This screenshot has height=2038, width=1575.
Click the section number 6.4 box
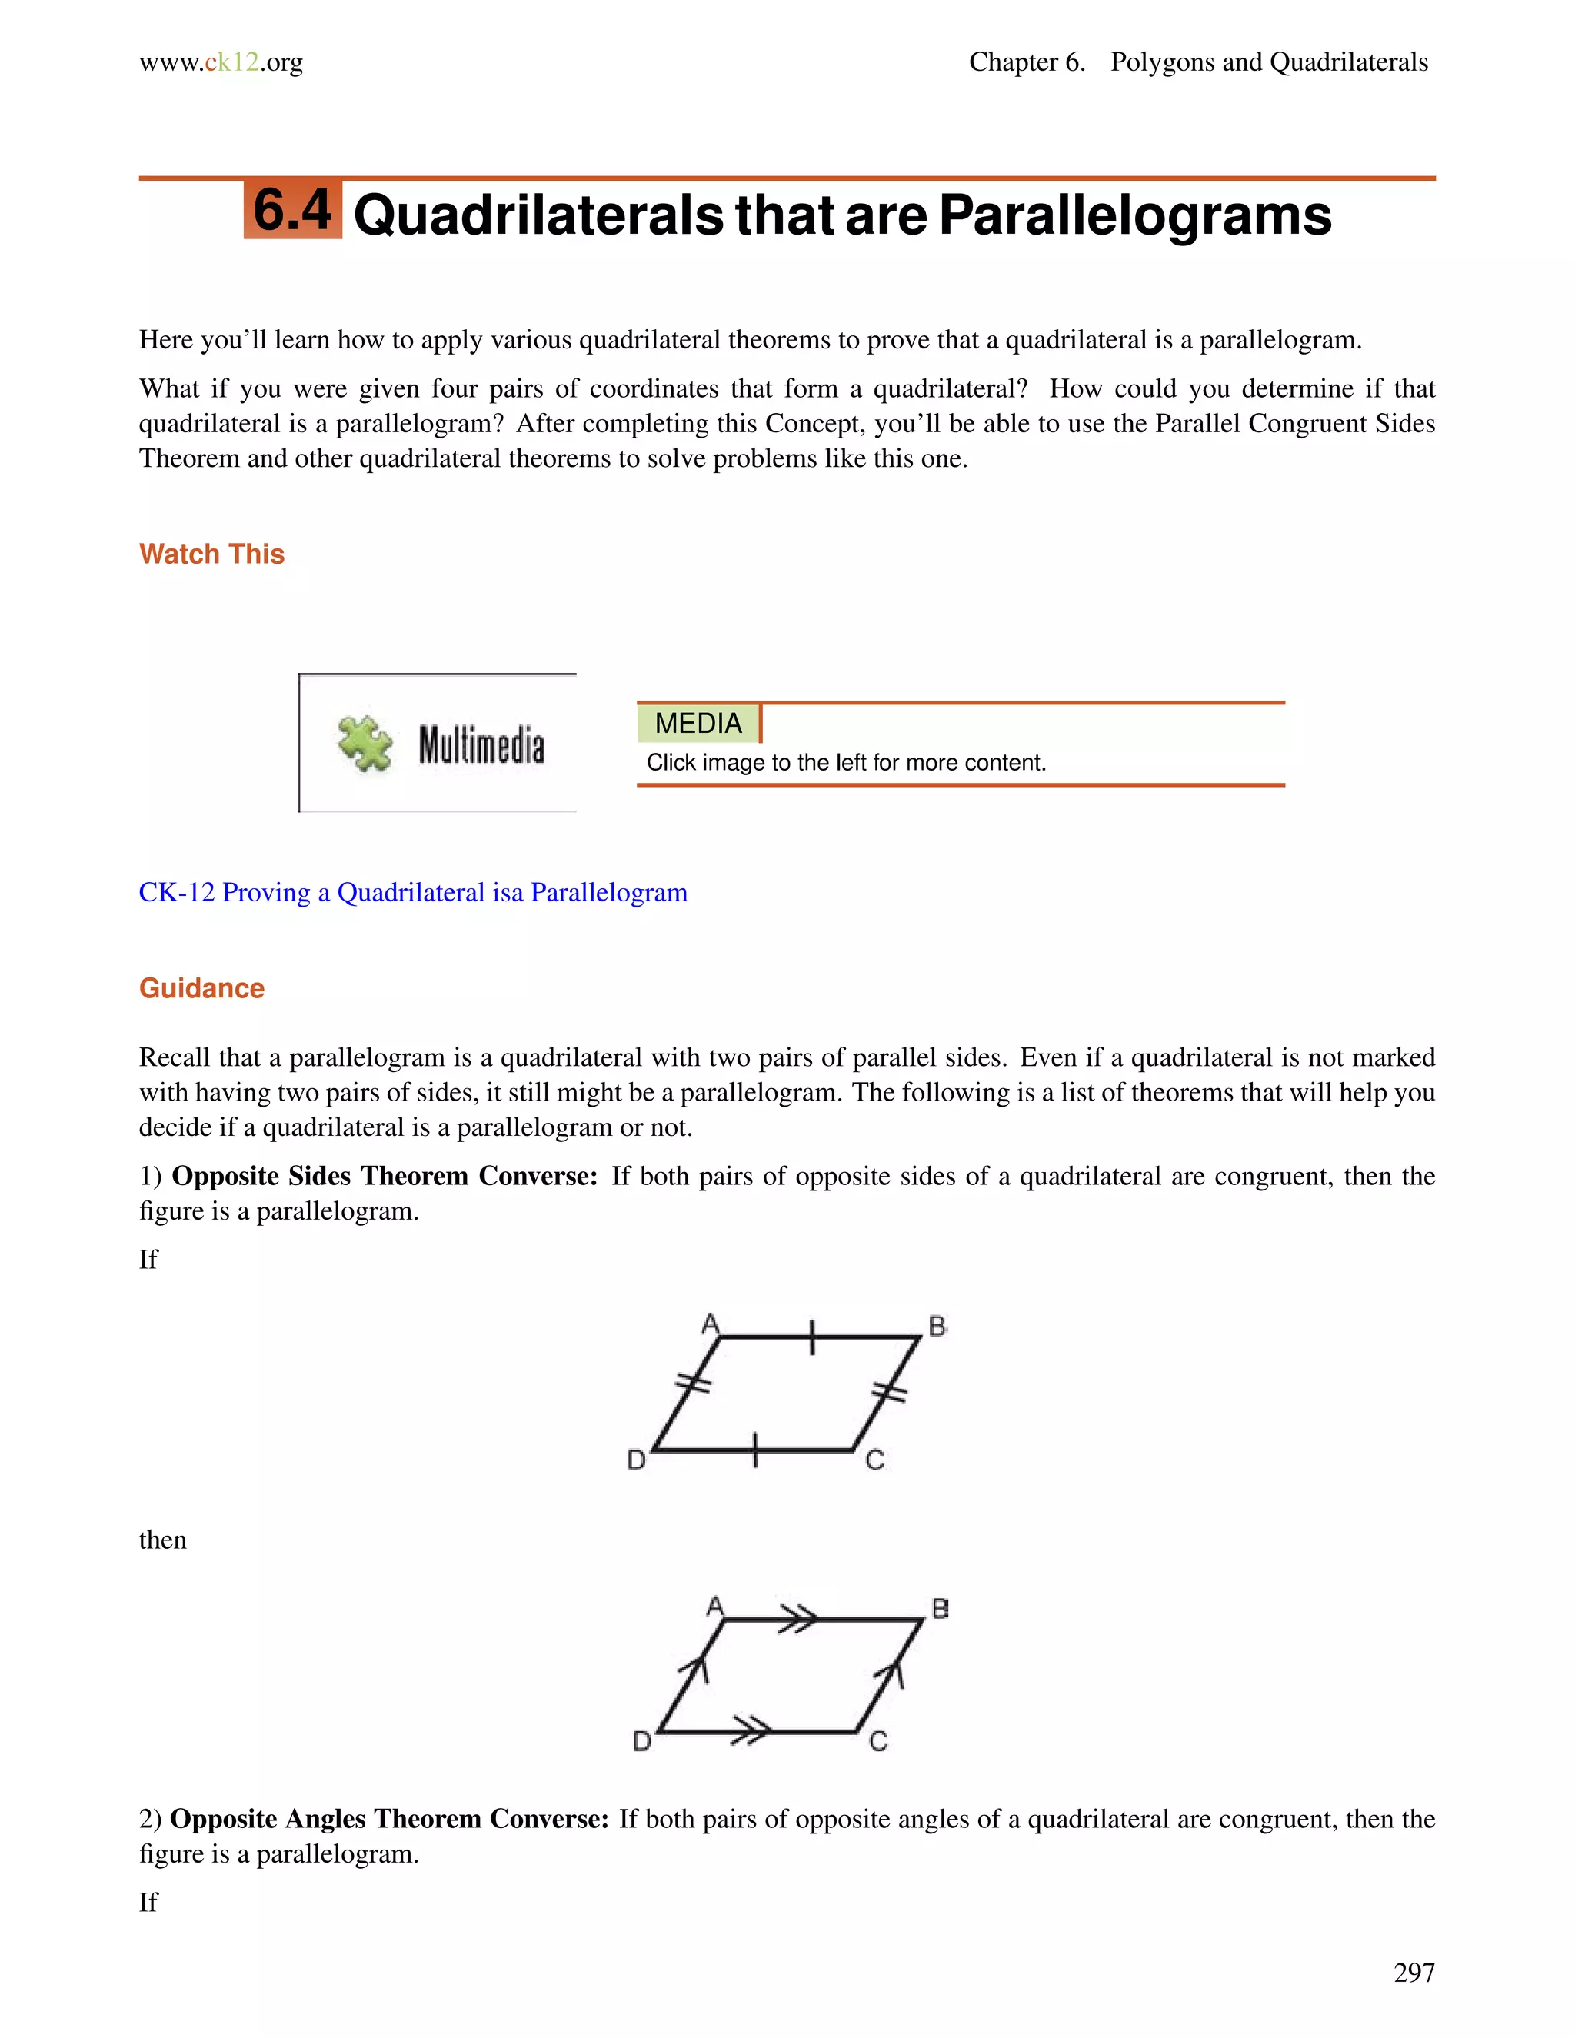coord(292,210)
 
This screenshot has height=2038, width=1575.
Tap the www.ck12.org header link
coord(221,62)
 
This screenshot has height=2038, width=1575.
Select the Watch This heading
coord(211,554)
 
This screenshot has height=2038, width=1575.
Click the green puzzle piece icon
coord(365,744)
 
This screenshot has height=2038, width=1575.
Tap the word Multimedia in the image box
coord(481,744)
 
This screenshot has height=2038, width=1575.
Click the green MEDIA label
coord(698,723)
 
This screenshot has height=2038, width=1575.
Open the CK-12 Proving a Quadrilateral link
coord(412,893)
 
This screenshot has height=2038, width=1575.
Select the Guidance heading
coord(201,988)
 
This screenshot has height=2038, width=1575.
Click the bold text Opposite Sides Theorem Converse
coord(385,1176)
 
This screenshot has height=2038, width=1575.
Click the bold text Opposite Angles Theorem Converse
coord(389,1819)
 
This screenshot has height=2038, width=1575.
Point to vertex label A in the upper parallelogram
coord(710,1324)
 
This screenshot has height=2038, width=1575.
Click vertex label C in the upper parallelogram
coord(874,1460)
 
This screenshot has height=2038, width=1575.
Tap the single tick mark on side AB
coord(812,1337)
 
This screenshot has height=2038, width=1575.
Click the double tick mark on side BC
coord(889,1394)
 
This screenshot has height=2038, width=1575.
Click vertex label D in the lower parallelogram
coord(642,1741)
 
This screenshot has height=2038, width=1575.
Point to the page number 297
coord(1413,1973)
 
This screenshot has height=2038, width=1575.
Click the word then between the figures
coord(162,1540)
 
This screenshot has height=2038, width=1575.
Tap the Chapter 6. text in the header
coord(1027,62)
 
